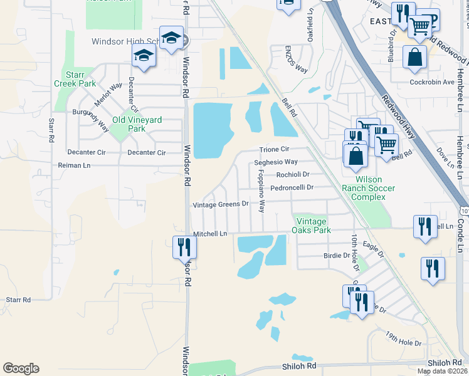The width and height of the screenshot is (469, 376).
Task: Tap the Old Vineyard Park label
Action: (137, 124)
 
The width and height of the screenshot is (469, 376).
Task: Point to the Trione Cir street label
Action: (275, 150)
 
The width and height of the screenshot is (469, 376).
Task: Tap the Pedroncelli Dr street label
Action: (291, 187)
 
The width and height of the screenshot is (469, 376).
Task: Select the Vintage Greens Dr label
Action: (221, 204)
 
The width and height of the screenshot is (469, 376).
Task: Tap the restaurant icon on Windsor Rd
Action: (184, 246)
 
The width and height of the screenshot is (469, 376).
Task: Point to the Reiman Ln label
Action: (74, 165)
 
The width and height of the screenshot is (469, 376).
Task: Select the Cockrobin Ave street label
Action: (431, 82)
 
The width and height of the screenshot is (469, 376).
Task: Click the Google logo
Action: (21, 368)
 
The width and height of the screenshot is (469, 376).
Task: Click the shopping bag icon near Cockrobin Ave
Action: (414, 58)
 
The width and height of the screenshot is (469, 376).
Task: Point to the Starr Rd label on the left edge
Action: (18, 300)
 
